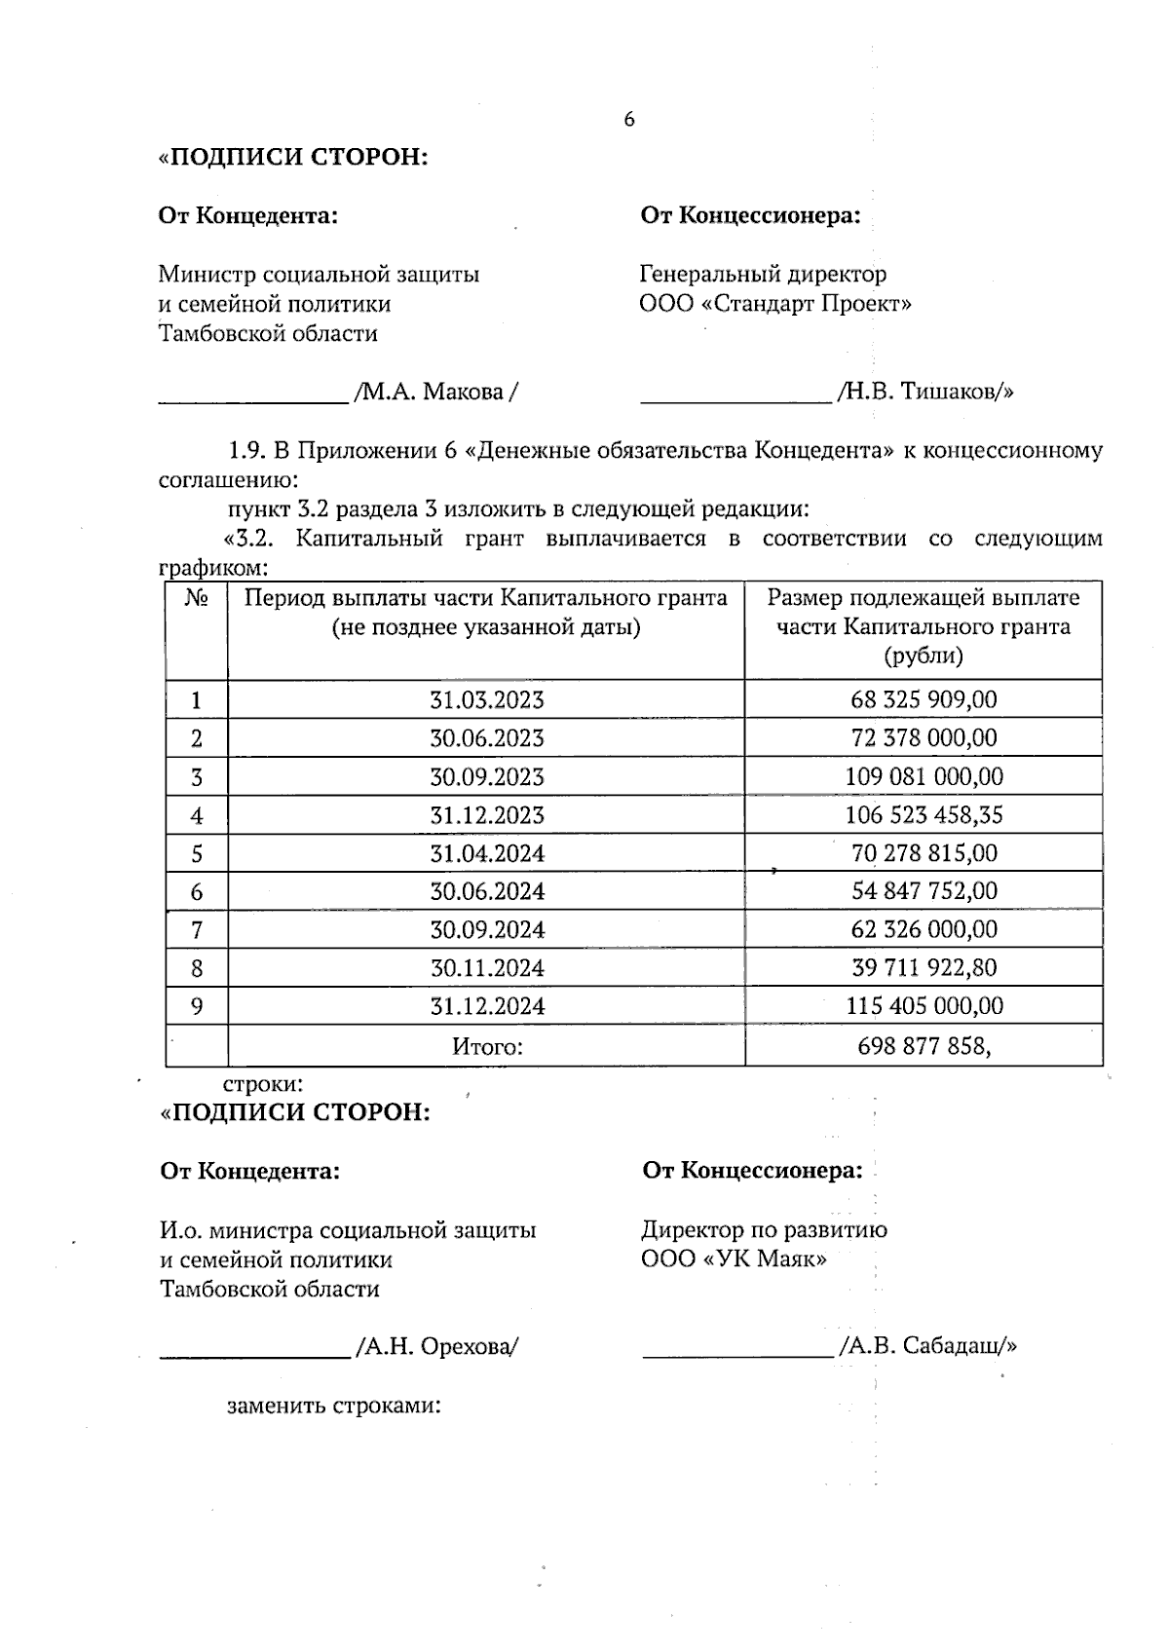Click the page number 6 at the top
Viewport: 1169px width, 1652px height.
click(628, 120)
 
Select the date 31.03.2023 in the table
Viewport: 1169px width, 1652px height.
click(487, 700)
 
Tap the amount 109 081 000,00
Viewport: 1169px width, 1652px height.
click(924, 777)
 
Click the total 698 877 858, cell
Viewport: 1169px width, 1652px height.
click(924, 1047)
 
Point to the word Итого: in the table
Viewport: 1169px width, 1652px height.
click(487, 1047)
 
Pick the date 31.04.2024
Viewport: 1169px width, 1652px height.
click(487, 854)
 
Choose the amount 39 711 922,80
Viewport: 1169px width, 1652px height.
click(924, 968)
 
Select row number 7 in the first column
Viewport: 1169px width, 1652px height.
click(197, 930)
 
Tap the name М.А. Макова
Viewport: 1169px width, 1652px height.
click(434, 393)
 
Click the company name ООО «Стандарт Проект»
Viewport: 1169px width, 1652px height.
click(775, 304)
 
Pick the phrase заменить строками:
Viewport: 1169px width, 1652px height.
click(334, 1407)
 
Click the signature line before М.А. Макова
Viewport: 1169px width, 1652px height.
click(253, 399)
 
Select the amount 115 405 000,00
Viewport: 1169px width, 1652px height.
click(924, 1006)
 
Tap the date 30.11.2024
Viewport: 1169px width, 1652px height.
click(487, 968)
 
